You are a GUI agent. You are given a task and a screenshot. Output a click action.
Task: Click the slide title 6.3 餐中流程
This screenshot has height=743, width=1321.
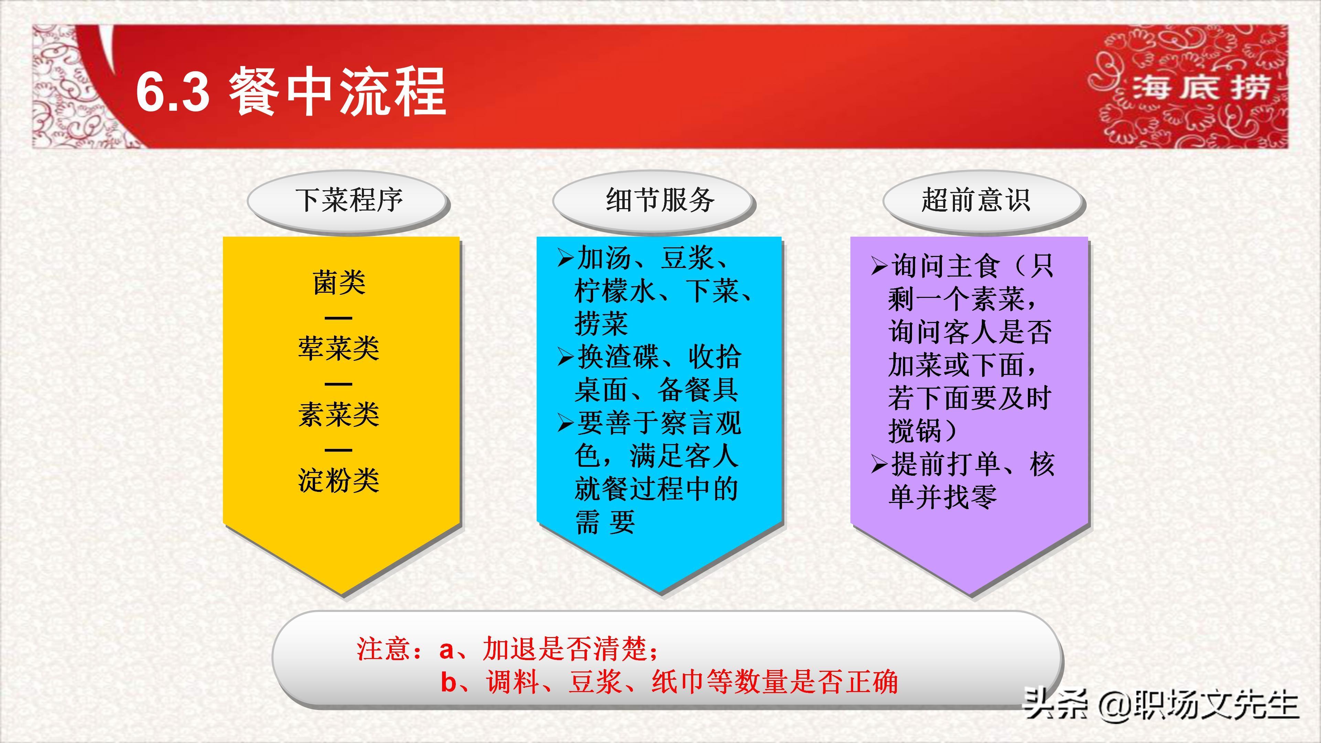click(291, 92)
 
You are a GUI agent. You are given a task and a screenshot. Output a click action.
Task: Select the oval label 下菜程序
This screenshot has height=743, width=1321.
click(349, 201)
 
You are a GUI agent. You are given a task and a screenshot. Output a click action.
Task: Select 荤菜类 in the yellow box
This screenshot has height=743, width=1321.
click(339, 349)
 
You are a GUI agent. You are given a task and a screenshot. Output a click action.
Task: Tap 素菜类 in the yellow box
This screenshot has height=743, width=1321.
click(339, 414)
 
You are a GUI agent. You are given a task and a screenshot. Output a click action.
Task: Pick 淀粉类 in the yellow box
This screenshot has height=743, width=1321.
click(339, 481)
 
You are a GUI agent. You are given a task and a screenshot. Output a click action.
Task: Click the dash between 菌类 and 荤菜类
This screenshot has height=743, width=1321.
click(339, 317)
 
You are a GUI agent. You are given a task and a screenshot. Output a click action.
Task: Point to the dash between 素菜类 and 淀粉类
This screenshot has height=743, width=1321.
click(339, 450)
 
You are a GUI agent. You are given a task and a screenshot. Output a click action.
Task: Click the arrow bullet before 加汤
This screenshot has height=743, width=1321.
click(565, 258)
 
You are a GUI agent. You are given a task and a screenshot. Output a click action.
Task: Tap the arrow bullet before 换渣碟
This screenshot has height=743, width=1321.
click(565, 357)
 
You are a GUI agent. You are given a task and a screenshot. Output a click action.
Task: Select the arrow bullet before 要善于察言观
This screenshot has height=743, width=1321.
click(565, 423)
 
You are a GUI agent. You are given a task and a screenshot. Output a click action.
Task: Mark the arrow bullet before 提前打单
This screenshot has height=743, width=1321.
click(879, 465)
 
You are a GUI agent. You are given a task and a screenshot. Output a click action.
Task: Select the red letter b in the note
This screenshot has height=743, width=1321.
click(448, 682)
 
